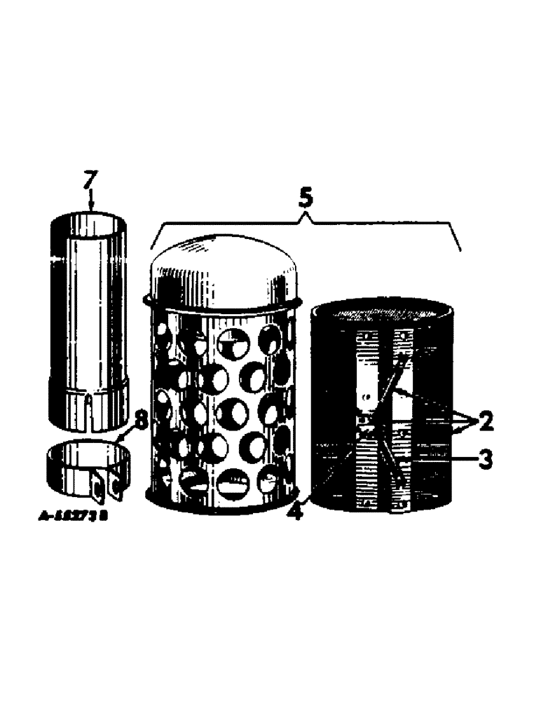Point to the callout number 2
pos(485,422)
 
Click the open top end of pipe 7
pos(88,225)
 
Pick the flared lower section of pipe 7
pos(88,400)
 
